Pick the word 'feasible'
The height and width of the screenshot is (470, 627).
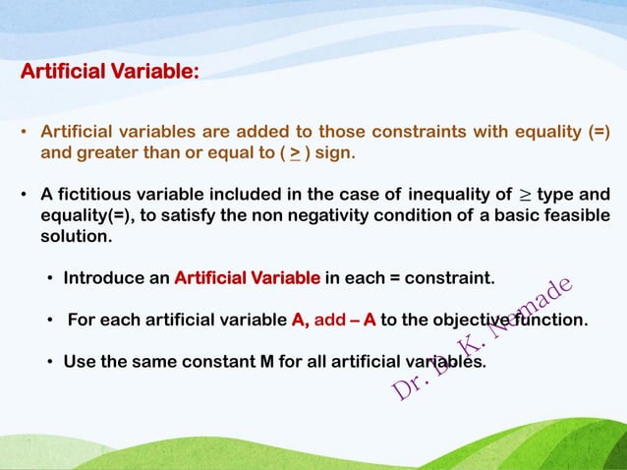575,215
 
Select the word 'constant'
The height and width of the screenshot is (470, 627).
213,361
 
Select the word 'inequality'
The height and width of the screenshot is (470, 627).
448,193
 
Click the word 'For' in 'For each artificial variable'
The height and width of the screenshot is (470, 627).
83,320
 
